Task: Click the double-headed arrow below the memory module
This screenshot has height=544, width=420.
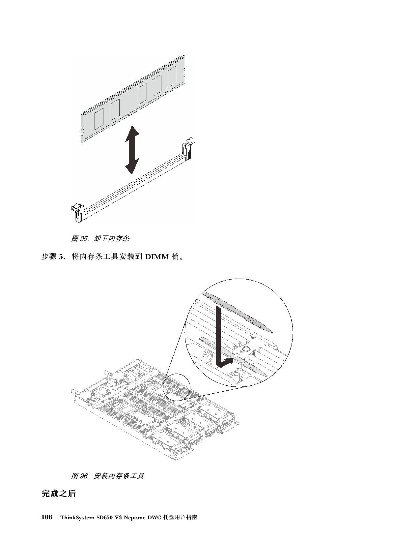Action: pyautogui.click(x=132, y=150)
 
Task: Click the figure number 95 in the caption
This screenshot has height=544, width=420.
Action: pyautogui.click(x=84, y=239)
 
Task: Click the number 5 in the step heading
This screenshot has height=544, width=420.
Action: pyautogui.click(x=61, y=257)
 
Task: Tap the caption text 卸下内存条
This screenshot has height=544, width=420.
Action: pyautogui.click(x=112, y=239)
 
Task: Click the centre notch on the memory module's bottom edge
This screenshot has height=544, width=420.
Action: pyautogui.click(x=128, y=115)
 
